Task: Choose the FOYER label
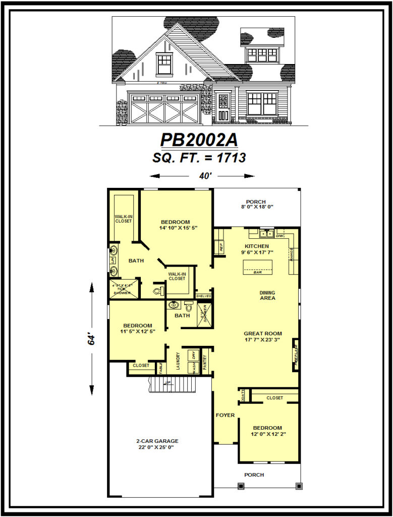click(x=225, y=415)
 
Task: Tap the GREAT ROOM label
click(x=263, y=334)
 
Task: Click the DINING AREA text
click(x=267, y=295)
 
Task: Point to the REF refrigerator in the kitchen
click(x=220, y=247)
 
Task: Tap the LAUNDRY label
click(x=178, y=361)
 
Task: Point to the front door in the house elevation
click(x=222, y=108)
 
